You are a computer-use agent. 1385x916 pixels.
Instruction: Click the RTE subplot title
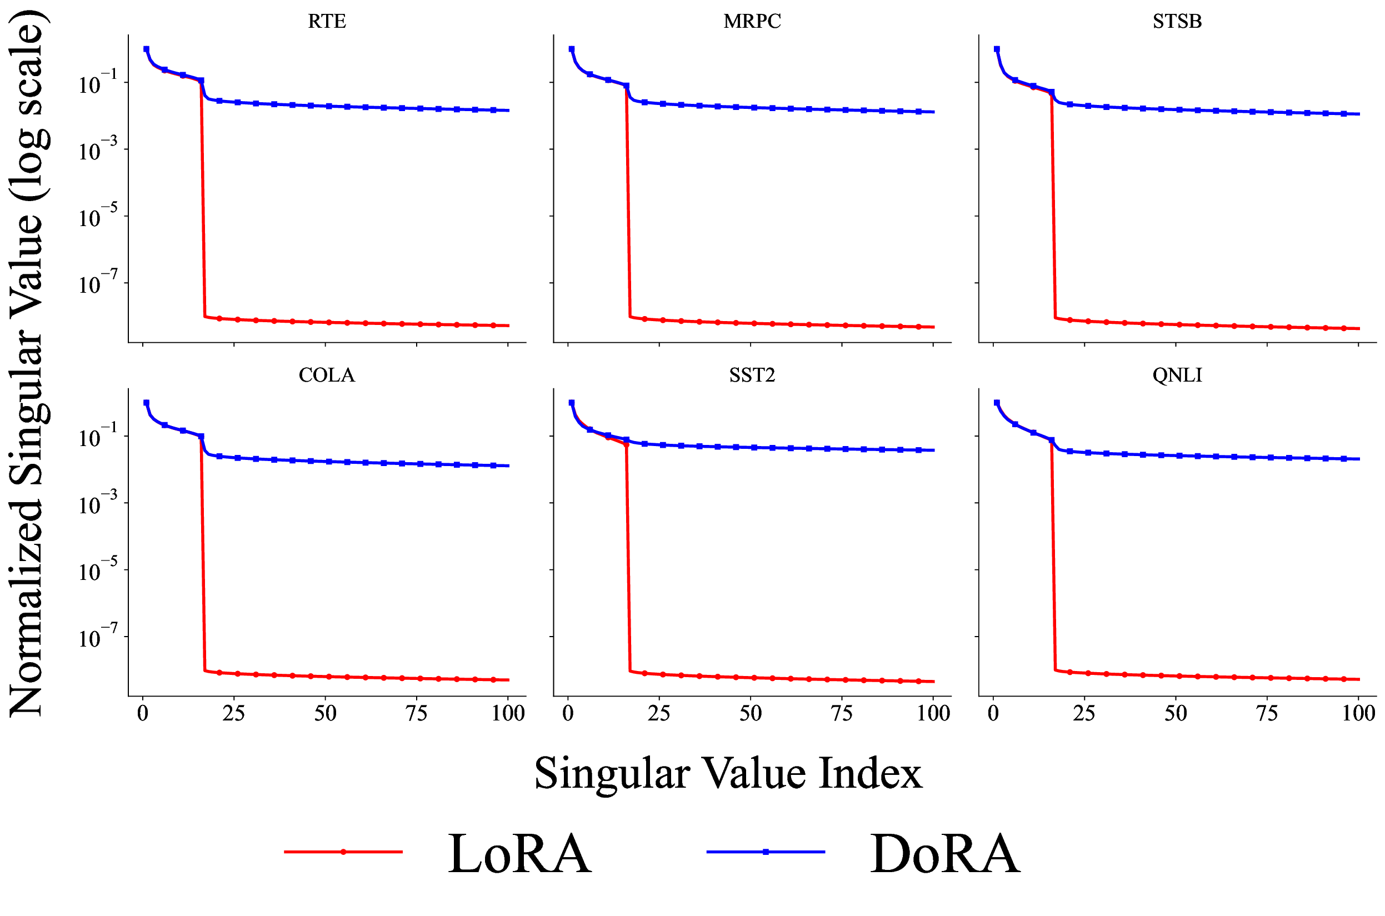327,21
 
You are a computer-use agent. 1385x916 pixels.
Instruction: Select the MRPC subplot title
752,21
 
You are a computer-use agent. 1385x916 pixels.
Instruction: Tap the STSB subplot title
1177,21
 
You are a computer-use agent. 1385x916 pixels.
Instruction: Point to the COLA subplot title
327,375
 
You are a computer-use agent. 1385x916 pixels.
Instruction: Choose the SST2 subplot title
752,375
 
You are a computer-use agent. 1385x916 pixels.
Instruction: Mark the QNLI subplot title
1177,375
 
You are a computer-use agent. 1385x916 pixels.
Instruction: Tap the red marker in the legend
343,852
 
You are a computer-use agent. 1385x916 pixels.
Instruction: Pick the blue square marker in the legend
766,852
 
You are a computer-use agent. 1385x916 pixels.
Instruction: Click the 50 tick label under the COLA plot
326,713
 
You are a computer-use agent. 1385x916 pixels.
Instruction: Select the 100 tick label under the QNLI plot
1358,713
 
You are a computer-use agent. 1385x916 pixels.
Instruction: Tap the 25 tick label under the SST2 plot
659,713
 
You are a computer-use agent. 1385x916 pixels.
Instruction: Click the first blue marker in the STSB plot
997,49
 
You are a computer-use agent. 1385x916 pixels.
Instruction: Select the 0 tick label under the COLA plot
143,713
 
